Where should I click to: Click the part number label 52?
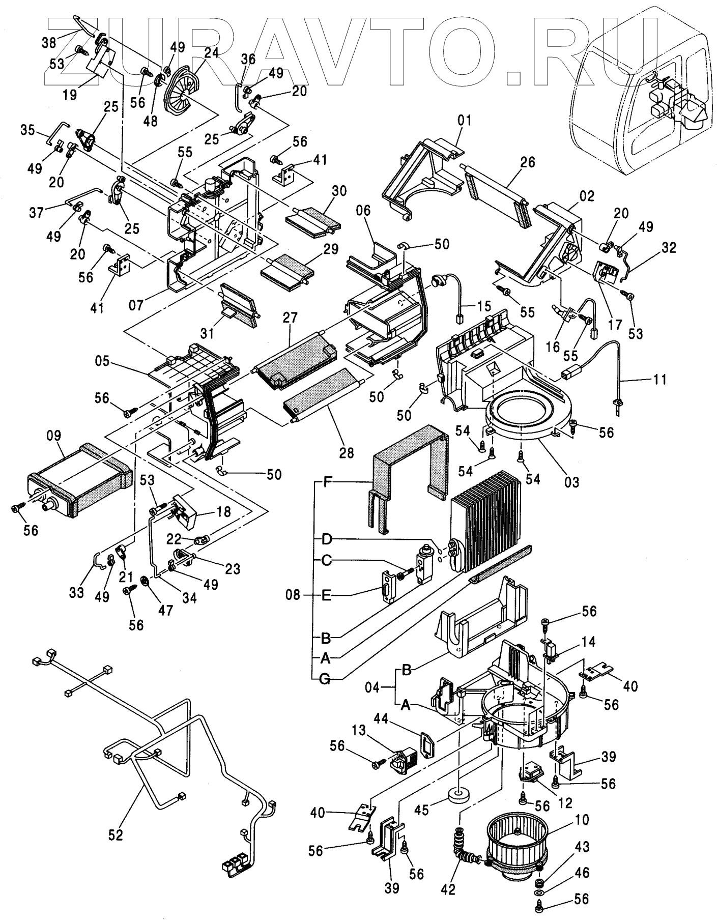[x=116, y=835]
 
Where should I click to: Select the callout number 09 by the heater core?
[x=53, y=436]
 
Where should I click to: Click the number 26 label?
[x=528, y=162]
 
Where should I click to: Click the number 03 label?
[x=572, y=481]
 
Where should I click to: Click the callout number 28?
[x=347, y=452]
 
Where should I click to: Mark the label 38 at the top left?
[x=48, y=42]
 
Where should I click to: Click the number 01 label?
[x=464, y=121]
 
